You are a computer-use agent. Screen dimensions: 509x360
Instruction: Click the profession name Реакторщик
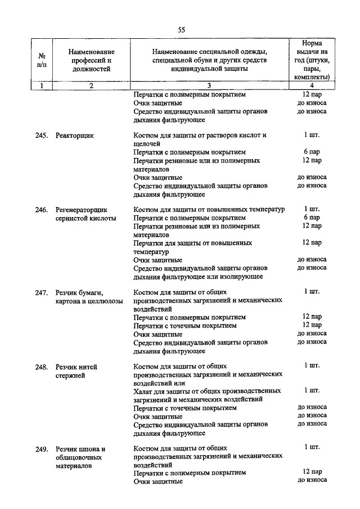[75, 136]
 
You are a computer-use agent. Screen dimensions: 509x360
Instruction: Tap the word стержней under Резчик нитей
[70, 376]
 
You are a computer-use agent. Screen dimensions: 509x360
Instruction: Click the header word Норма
[312, 43]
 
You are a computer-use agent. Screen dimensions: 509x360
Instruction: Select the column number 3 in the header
[209, 85]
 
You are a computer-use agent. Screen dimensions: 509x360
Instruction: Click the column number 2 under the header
[91, 85]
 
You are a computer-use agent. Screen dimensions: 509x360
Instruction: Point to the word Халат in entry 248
[145, 390]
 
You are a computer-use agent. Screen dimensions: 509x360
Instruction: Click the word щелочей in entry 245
[148, 144]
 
